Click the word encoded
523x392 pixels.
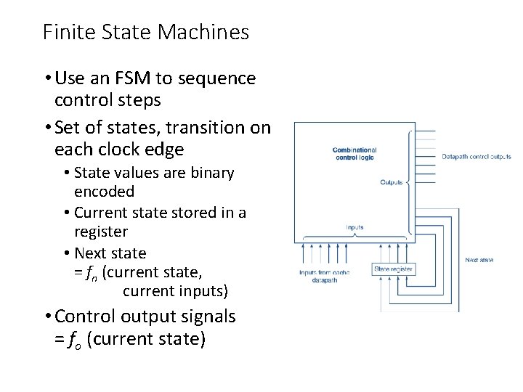point(104,192)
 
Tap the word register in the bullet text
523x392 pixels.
point(101,232)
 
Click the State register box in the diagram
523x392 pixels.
point(393,269)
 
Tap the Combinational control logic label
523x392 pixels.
point(354,154)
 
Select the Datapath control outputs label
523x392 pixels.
point(477,156)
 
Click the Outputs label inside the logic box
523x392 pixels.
point(392,182)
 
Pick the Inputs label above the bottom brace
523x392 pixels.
point(354,227)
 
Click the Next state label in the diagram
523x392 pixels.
point(479,260)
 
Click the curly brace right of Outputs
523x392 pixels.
point(411,182)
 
